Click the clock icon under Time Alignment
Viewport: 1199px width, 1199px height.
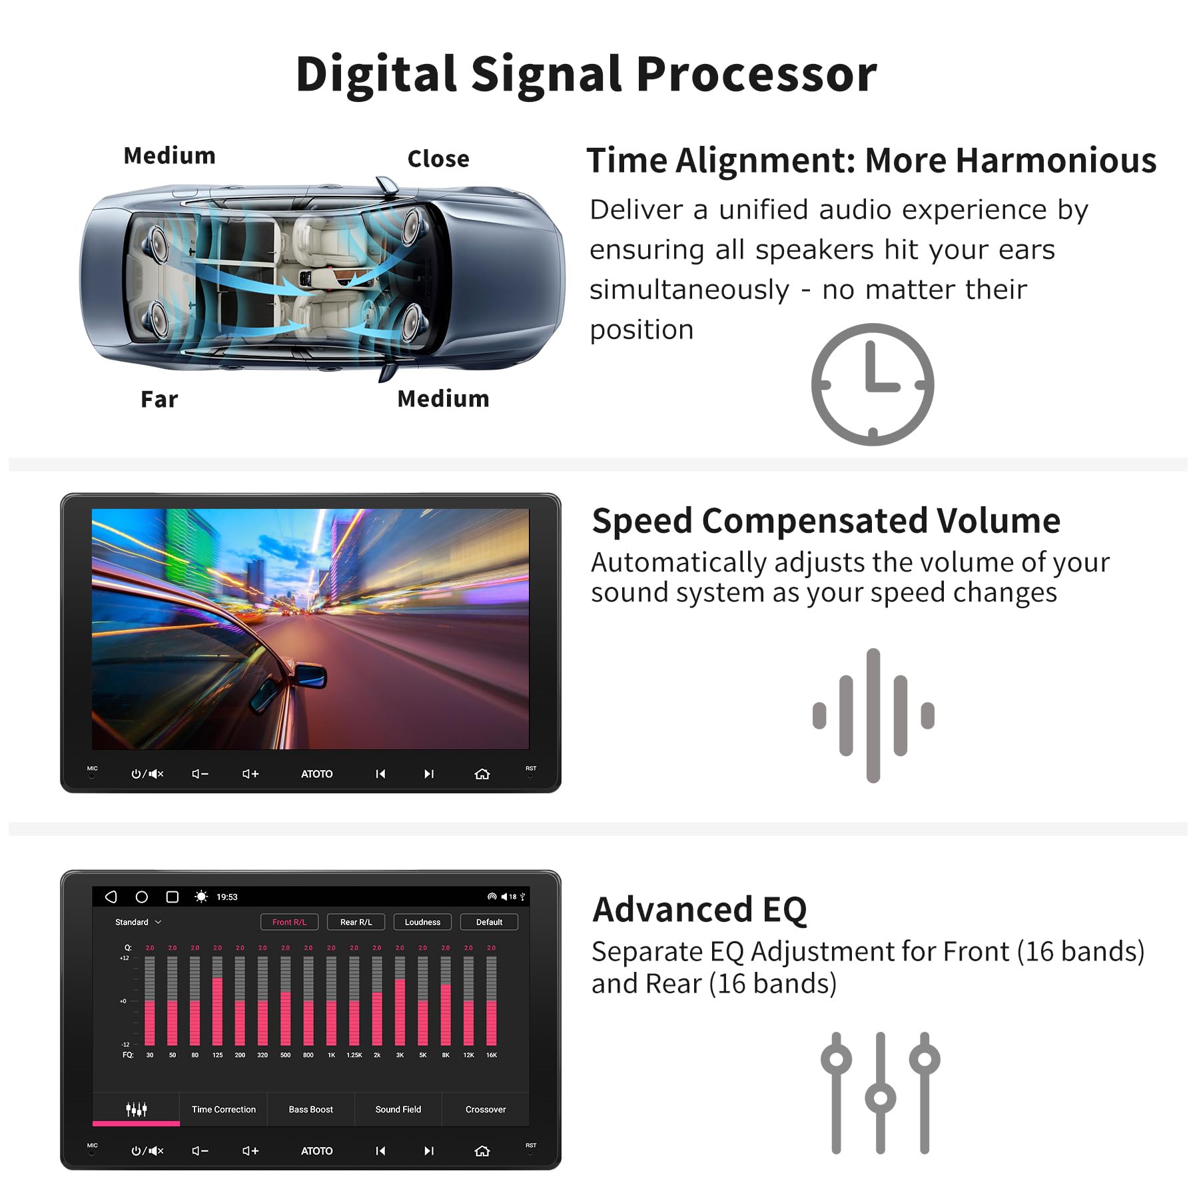coord(872,384)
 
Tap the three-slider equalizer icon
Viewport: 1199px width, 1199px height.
coord(880,1092)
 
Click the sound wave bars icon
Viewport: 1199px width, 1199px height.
coord(873,715)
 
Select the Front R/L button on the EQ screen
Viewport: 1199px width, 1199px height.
coord(289,922)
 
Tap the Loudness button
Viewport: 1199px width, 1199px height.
coord(422,922)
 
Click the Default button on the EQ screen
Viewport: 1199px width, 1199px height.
coord(489,922)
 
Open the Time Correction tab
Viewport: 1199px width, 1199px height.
coord(223,1109)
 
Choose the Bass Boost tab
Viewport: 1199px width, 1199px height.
coord(310,1109)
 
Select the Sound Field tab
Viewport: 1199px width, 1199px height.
coord(398,1109)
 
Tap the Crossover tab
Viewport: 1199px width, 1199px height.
coord(485,1109)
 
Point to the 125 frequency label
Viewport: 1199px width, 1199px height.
coord(217,1055)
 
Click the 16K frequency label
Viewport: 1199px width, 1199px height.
coord(491,1055)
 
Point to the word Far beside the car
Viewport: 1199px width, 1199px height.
coord(159,399)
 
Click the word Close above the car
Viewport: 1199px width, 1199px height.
coord(438,159)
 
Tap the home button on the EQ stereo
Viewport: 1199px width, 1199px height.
coord(482,1150)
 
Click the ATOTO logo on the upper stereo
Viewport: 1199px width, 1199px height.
coord(316,773)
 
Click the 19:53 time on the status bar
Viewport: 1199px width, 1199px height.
coord(226,897)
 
